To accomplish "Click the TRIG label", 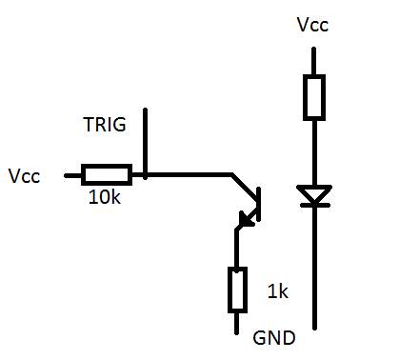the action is click(x=105, y=124).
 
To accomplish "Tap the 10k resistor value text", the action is click(x=105, y=197).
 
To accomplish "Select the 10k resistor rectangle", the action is click(x=107, y=174).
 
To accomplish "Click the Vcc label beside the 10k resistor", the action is click(x=24, y=176).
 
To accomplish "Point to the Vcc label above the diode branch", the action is click(x=312, y=25).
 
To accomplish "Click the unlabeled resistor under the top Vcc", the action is click(x=314, y=97).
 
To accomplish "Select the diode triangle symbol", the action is click(x=314, y=193).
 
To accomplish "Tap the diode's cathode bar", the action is click(x=315, y=206).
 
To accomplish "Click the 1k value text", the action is click(x=278, y=291).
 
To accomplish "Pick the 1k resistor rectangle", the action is click(x=237, y=290).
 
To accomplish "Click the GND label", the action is click(x=274, y=338).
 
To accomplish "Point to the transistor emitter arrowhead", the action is click(x=247, y=219).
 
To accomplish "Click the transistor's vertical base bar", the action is click(x=259, y=204).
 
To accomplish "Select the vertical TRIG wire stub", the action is click(x=145, y=144).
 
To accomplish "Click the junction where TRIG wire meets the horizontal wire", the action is click(x=145, y=174).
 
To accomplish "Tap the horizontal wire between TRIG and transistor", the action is click(x=189, y=174).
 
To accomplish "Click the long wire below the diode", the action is click(x=315, y=269).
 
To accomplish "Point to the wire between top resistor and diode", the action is click(x=314, y=153).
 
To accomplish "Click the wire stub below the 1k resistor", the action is click(x=236, y=324).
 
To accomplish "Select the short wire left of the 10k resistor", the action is click(x=73, y=175).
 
